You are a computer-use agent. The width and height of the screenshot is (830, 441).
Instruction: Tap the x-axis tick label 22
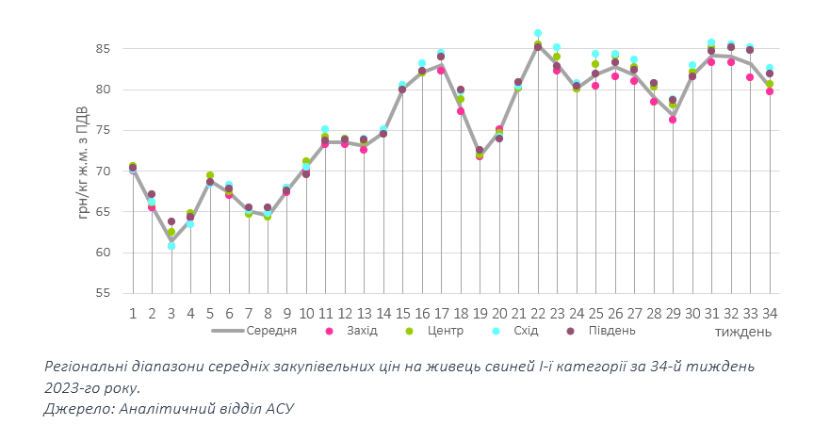pos(538,313)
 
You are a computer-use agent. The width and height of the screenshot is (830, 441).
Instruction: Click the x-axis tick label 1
pos(133,313)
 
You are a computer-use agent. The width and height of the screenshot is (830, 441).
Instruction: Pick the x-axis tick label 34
pos(770,313)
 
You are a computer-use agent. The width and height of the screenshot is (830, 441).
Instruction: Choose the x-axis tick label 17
pos(441,313)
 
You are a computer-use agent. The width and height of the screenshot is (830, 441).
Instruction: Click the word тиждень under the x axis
pos(743,332)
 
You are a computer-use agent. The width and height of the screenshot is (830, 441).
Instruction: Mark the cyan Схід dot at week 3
pos(171,246)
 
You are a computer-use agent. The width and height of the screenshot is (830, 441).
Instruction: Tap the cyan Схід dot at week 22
pos(538,33)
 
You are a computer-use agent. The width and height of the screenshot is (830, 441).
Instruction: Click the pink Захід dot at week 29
pos(673,120)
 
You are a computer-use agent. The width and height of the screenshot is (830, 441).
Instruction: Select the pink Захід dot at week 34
pos(770,91)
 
